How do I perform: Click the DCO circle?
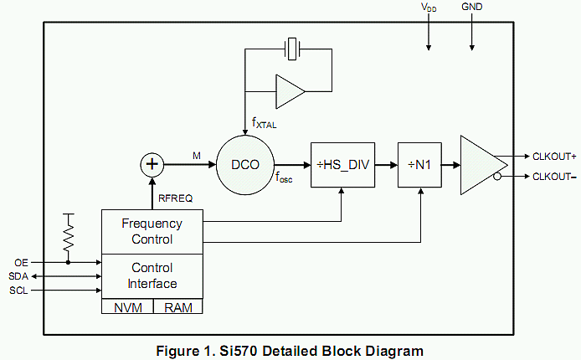click(246, 164)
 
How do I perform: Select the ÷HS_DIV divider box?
click(342, 165)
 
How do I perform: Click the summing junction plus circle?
click(152, 164)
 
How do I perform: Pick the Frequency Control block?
click(152, 232)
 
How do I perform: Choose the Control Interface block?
click(152, 275)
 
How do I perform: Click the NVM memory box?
click(127, 307)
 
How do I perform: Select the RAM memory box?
click(177, 307)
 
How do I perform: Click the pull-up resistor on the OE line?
click(69, 236)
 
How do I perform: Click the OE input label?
click(22, 262)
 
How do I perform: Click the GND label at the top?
click(472, 7)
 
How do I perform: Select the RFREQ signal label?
click(176, 198)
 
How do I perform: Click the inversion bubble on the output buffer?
click(498, 176)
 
